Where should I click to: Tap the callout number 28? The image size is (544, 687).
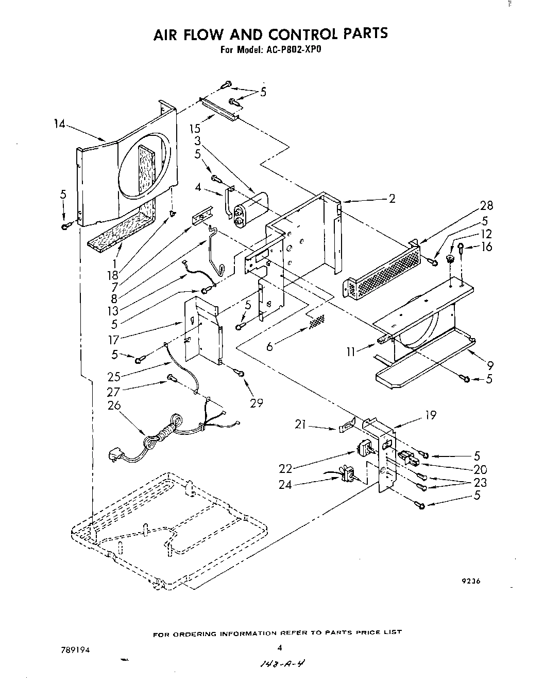[486, 206]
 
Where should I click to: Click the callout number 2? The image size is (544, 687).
[392, 199]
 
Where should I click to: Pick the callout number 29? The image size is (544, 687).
[256, 402]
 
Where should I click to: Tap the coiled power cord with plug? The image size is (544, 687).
[155, 437]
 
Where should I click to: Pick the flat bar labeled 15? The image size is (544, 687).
[219, 109]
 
